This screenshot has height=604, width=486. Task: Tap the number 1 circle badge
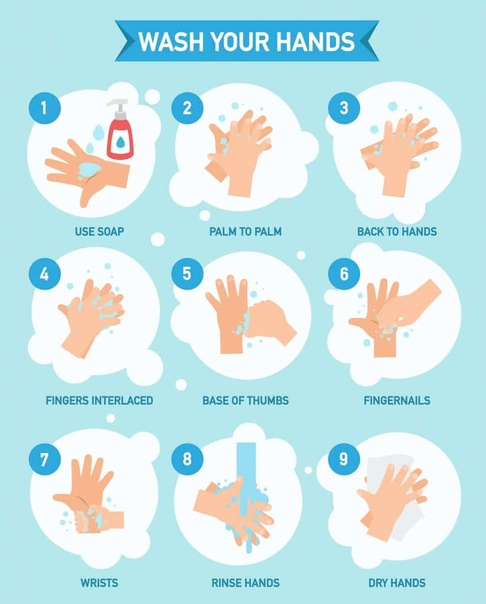click(x=45, y=108)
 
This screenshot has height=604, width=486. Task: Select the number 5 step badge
click(x=187, y=274)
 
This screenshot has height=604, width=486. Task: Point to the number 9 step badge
click(x=344, y=459)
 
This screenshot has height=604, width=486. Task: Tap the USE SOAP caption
click(x=100, y=231)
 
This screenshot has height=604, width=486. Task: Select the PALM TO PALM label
click(x=245, y=231)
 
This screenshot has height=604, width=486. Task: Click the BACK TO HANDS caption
click(x=397, y=231)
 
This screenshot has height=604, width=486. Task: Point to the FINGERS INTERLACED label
click(x=100, y=401)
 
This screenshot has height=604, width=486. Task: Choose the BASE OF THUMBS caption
click(x=245, y=401)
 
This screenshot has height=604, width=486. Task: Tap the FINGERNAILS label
click(x=397, y=401)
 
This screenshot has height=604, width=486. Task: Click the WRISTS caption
click(x=100, y=583)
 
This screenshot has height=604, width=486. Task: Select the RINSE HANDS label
click(x=245, y=583)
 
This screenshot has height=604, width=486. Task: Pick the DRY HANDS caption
click(x=397, y=583)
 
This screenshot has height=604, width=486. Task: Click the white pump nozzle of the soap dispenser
click(x=118, y=106)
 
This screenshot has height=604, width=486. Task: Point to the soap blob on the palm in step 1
click(x=90, y=169)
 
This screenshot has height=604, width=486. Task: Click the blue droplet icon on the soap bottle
click(x=120, y=142)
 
